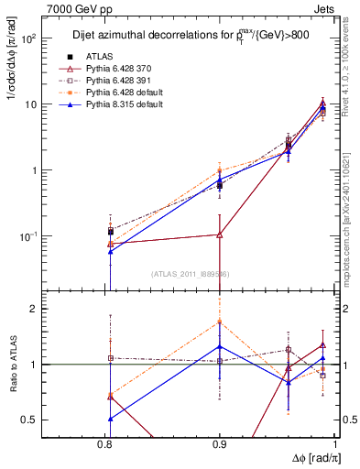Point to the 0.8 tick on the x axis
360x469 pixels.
point(110,443)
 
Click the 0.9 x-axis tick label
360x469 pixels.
point(220,443)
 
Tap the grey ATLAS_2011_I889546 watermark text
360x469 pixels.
point(190,273)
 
